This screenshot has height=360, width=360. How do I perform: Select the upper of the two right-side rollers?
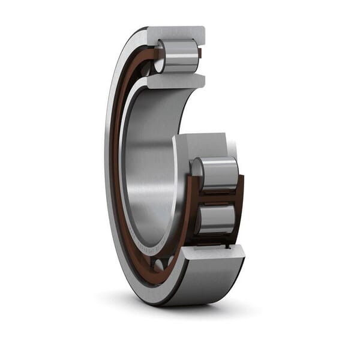click(x=218, y=173)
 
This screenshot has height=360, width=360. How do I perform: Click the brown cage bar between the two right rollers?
click(x=217, y=197)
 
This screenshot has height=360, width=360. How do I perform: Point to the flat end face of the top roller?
click(x=159, y=56)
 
